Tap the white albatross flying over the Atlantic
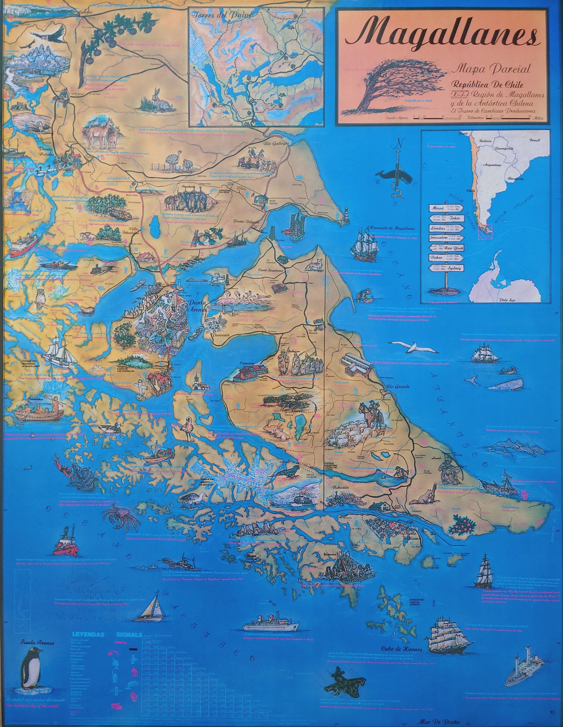pos(414,347)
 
